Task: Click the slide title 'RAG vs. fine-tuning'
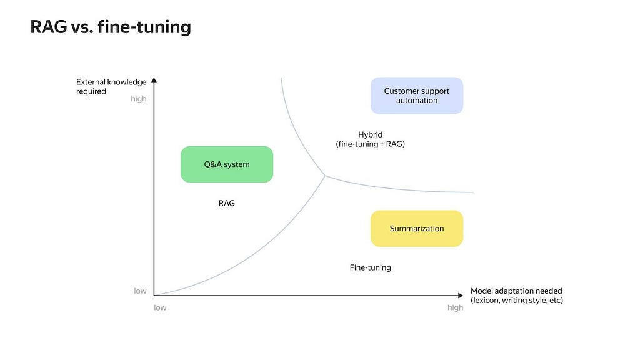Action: tap(111, 27)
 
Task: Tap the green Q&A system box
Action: tap(227, 164)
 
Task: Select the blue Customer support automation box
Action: tap(417, 96)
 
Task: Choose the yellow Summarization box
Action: tap(417, 229)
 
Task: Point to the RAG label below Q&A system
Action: tap(226, 203)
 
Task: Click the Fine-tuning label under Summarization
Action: tap(370, 267)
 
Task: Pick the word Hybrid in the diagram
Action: tap(370, 135)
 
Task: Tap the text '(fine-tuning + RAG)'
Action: tap(370, 144)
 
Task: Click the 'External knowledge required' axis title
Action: tap(111, 86)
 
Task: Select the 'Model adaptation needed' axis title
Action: tap(516, 291)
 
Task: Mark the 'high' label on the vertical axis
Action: tap(138, 99)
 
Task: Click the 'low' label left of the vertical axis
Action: tap(140, 291)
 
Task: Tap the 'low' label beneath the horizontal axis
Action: tap(160, 307)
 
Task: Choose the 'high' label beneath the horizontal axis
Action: tap(455, 307)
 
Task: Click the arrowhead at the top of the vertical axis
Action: tap(154, 80)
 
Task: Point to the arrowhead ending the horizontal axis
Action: tap(461, 296)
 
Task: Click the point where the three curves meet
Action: tap(325, 176)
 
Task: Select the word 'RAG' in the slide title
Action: tap(49, 27)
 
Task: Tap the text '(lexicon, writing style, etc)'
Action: tap(517, 301)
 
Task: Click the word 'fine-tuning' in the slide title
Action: tap(144, 27)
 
